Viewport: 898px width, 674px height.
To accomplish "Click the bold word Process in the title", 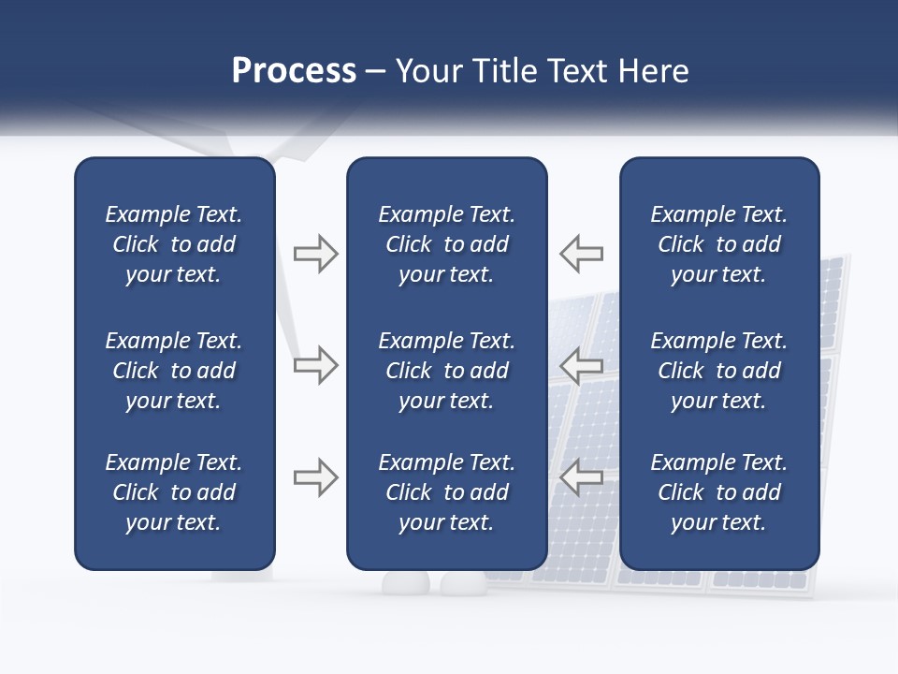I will (x=294, y=71).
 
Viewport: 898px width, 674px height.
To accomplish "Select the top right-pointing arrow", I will (x=315, y=254).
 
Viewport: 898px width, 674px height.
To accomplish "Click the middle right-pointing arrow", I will (x=315, y=365).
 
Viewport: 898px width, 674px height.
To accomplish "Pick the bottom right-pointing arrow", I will (x=315, y=477).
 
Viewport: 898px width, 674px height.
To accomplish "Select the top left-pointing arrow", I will (x=581, y=254).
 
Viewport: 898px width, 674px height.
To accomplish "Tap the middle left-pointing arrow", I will (x=581, y=365).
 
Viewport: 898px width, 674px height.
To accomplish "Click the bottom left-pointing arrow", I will (x=581, y=477).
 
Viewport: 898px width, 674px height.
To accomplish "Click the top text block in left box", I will (x=174, y=244).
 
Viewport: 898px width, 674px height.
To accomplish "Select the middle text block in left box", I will (x=174, y=371).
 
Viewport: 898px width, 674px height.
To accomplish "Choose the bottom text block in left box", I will (x=174, y=492).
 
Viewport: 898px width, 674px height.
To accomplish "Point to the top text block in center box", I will (x=446, y=244).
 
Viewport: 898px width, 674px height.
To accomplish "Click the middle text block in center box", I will (x=446, y=371).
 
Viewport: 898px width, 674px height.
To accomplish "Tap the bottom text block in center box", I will (x=446, y=492).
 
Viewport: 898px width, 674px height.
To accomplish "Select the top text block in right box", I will (x=718, y=244).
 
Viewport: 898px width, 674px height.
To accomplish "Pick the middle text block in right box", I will (x=718, y=371).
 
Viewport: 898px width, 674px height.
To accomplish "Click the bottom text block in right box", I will (x=718, y=492).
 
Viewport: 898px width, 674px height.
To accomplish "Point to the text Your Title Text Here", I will (x=543, y=71).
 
